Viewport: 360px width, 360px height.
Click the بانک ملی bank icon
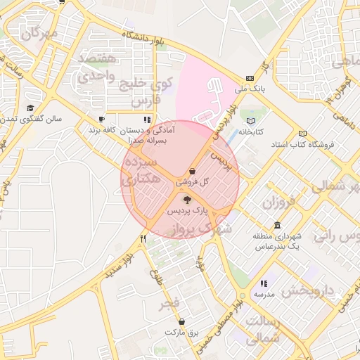[x=250, y=79]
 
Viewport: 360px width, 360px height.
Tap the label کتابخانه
[x=250, y=131]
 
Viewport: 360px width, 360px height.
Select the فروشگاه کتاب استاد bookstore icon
[x=302, y=134]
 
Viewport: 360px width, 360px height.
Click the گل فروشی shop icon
[x=193, y=171]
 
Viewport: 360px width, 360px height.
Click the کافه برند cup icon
[x=102, y=120]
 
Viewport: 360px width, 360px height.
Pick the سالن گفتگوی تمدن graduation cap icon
[x=30, y=108]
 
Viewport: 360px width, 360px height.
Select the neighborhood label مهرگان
[x=38, y=32]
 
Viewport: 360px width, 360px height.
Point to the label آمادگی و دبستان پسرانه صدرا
[x=148, y=136]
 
